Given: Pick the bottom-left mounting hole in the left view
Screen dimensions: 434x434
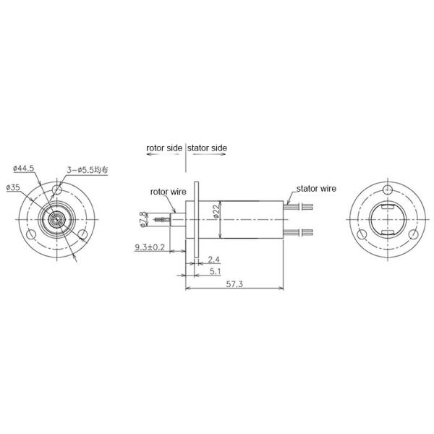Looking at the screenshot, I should pos(32,234).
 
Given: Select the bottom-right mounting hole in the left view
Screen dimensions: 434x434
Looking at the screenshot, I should pos(83,234).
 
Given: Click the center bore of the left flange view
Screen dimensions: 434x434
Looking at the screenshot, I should pos(56,219).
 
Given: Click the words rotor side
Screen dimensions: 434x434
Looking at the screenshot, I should pos(164,148).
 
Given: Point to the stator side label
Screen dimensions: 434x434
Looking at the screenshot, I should pos(208,148).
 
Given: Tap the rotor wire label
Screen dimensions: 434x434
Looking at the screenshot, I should pos(168,192).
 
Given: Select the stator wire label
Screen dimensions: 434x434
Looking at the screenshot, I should pos(316,188).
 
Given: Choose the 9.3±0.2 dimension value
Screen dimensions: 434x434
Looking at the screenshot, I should pos(150,248).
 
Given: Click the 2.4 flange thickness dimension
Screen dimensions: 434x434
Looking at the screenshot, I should pos(214,259).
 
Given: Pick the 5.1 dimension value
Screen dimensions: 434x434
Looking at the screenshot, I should pos(214,272).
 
